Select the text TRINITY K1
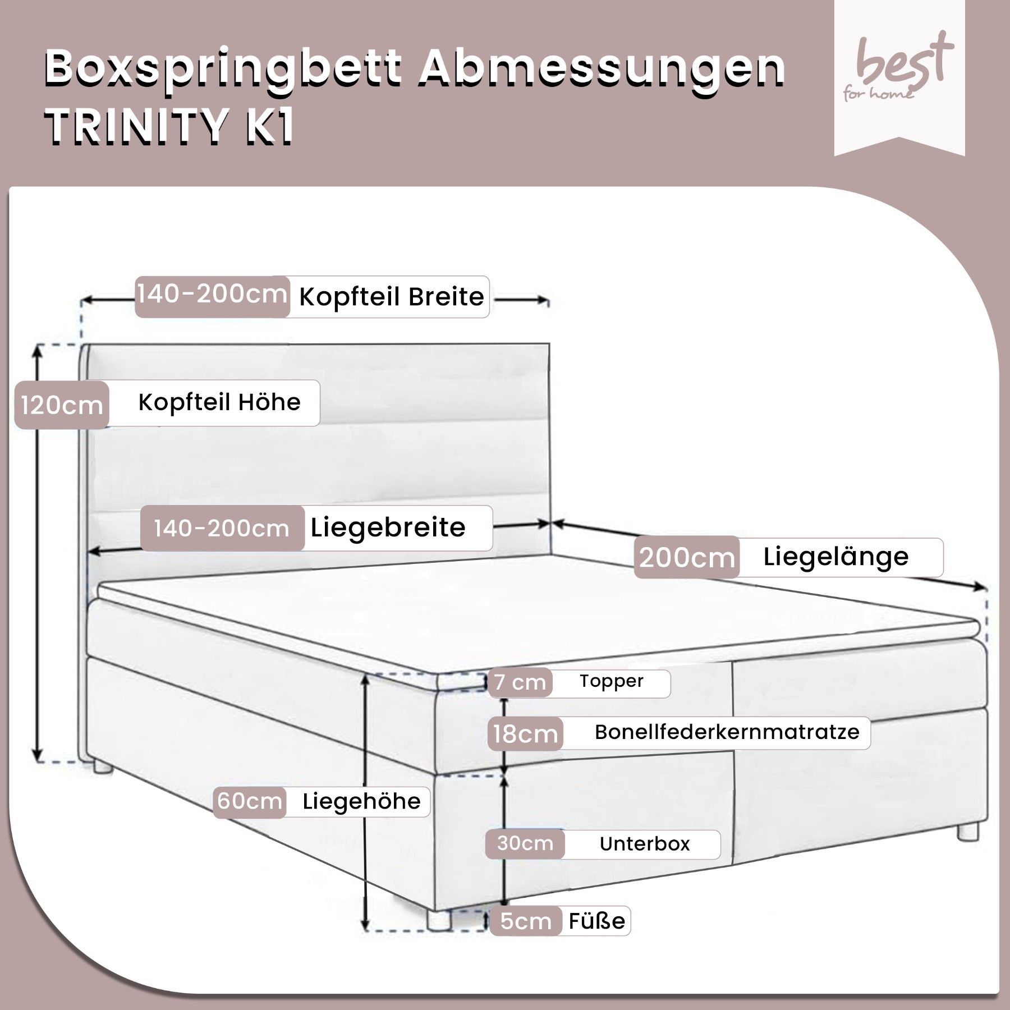tap(169, 127)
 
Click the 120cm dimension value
tap(62, 405)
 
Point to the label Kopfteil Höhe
tap(219, 402)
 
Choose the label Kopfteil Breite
tap(391, 297)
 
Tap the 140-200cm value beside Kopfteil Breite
tap(212, 294)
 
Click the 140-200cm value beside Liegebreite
tap(222, 529)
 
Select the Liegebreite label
tap(388, 528)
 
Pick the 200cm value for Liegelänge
tap(687, 558)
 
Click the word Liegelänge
tap(835, 557)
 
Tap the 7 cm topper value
tap(520, 682)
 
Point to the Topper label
tap(611, 681)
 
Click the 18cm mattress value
tap(525, 734)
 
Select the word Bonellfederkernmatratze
tap(727, 732)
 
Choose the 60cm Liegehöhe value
tap(249, 801)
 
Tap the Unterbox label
tap(645, 844)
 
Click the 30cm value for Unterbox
tap(525, 843)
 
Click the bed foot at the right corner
tap(967, 831)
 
